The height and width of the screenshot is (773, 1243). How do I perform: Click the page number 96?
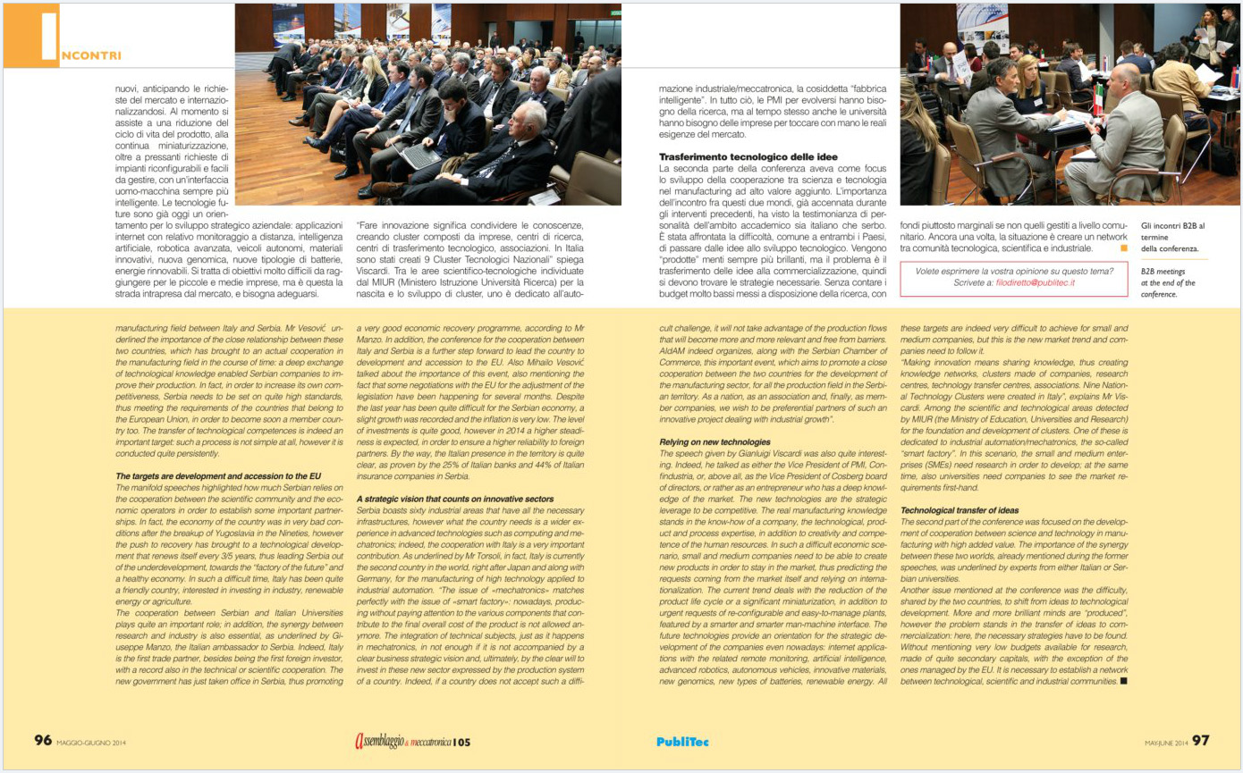click(x=43, y=740)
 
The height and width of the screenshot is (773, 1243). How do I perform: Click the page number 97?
click(x=1201, y=741)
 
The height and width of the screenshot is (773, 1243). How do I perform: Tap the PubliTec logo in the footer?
click(x=682, y=741)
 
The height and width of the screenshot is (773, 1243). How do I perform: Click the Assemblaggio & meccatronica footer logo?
click(x=411, y=741)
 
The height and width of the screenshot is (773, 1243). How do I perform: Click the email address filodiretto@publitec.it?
click(x=1036, y=282)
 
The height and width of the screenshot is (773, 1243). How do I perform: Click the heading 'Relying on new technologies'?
click(x=715, y=441)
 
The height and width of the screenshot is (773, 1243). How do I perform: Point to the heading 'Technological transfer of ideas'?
click(x=960, y=509)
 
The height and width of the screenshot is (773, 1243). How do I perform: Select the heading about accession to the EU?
click(x=218, y=476)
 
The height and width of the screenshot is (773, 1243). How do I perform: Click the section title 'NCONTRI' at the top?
click(x=91, y=55)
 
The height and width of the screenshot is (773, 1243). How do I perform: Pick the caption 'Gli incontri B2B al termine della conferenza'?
click(x=1172, y=237)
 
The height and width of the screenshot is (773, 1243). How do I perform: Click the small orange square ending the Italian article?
click(x=1124, y=248)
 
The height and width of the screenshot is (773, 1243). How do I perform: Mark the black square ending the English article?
click(x=1123, y=681)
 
